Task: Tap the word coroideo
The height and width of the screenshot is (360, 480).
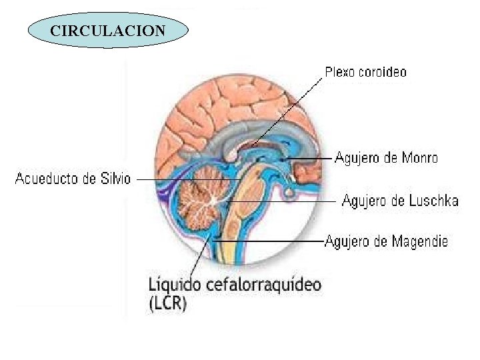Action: (x=381, y=71)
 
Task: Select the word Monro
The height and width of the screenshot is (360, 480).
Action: (x=419, y=158)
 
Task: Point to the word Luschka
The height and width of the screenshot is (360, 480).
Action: (x=434, y=201)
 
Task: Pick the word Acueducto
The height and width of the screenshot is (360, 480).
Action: (x=45, y=179)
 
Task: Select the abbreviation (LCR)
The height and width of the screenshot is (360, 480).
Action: (x=168, y=304)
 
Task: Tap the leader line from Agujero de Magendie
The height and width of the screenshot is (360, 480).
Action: (x=267, y=240)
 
